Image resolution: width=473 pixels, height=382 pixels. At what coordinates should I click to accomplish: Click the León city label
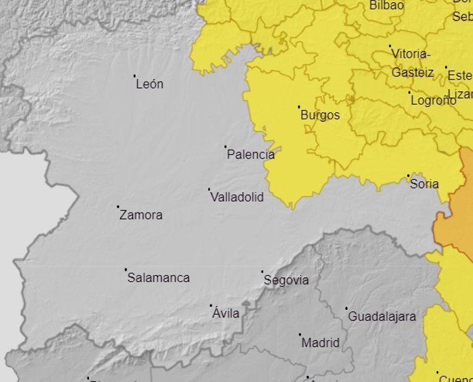coord(149,84)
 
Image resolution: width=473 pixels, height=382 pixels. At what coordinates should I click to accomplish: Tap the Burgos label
coord(320,115)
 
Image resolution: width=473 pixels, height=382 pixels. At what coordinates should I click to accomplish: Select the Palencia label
coord(250,154)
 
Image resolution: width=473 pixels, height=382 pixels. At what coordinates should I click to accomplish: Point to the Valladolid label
coord(236,197)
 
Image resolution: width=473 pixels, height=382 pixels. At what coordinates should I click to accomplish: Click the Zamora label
coord(141,215)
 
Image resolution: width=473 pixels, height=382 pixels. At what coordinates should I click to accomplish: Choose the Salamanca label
coord(158,278)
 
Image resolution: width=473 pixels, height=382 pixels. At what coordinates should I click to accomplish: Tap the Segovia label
coord(286,280)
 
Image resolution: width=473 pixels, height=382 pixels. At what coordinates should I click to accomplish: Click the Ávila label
coord(226,313)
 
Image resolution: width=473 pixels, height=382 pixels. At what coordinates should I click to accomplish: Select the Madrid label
coord(320,342)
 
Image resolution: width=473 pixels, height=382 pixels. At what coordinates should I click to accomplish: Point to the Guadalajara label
coord(382,317)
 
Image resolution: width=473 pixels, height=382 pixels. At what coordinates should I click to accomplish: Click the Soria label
coord(424,184)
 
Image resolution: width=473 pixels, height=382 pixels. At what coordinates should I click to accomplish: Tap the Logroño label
coord(433,100)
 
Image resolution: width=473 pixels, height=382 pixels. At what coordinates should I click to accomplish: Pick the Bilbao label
coord(387,5)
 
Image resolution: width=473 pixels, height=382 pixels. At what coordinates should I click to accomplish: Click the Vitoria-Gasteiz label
coord(411,62)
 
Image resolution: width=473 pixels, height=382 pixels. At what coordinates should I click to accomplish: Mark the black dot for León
coord(134,76)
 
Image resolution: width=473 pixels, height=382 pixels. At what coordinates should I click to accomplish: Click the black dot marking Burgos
coord(299,107)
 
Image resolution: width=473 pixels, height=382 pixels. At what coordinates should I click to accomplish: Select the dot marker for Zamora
coord(118,206)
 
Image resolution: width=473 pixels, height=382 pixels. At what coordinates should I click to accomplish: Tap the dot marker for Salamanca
coord(125,270)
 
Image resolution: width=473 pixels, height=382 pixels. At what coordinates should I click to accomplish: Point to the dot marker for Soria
coord(408,176)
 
